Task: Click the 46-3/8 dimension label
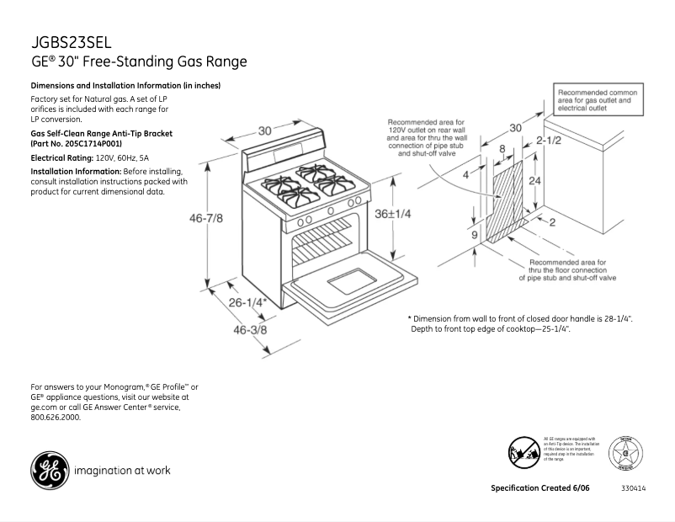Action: [249, 330]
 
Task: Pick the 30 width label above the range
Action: [264, 130]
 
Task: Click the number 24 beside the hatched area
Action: [533, 180]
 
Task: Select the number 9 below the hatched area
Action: [474, 235]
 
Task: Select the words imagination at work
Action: [123, 471]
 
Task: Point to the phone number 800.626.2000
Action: [56, 418]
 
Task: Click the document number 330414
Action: [633, 489]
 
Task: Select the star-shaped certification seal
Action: [626, 453]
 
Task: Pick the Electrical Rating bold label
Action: [61, 157]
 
